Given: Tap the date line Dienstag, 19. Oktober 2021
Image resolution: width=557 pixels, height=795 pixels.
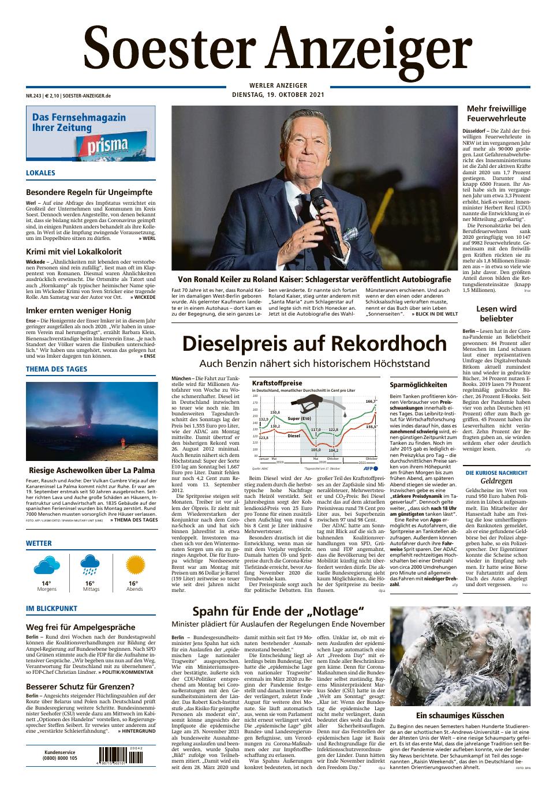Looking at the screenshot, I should pos(278,95).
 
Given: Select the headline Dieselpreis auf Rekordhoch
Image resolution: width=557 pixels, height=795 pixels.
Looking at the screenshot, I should pos(315,344).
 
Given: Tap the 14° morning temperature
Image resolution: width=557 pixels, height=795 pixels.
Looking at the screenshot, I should pos(46,583).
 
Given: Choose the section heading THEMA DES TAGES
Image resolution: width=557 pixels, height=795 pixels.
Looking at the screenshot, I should pos(57,369).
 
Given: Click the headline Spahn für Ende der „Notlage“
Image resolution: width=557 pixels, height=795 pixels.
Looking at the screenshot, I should pos(278,612).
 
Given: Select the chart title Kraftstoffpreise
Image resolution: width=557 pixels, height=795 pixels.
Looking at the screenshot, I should pos(277,383).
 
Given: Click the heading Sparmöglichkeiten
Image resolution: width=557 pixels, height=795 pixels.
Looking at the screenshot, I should pos(418,384).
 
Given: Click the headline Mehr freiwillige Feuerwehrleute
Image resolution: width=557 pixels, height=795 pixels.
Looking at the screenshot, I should pos(496,113).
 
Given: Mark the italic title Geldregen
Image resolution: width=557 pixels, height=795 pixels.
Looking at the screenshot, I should pos(496,481).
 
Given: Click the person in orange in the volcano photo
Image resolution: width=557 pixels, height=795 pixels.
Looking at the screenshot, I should pos(123,443).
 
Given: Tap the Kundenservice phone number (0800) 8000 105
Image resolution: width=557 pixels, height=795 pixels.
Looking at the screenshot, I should pos(61,758).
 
